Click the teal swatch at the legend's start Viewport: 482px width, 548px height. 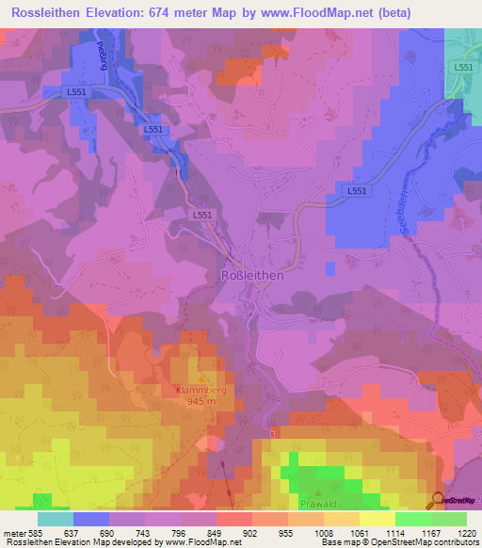pos(56,519)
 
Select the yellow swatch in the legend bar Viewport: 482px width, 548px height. pos(378,519)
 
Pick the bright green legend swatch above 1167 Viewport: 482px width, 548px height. pos(413,519)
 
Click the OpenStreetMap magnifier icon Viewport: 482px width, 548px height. pos(438,499)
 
